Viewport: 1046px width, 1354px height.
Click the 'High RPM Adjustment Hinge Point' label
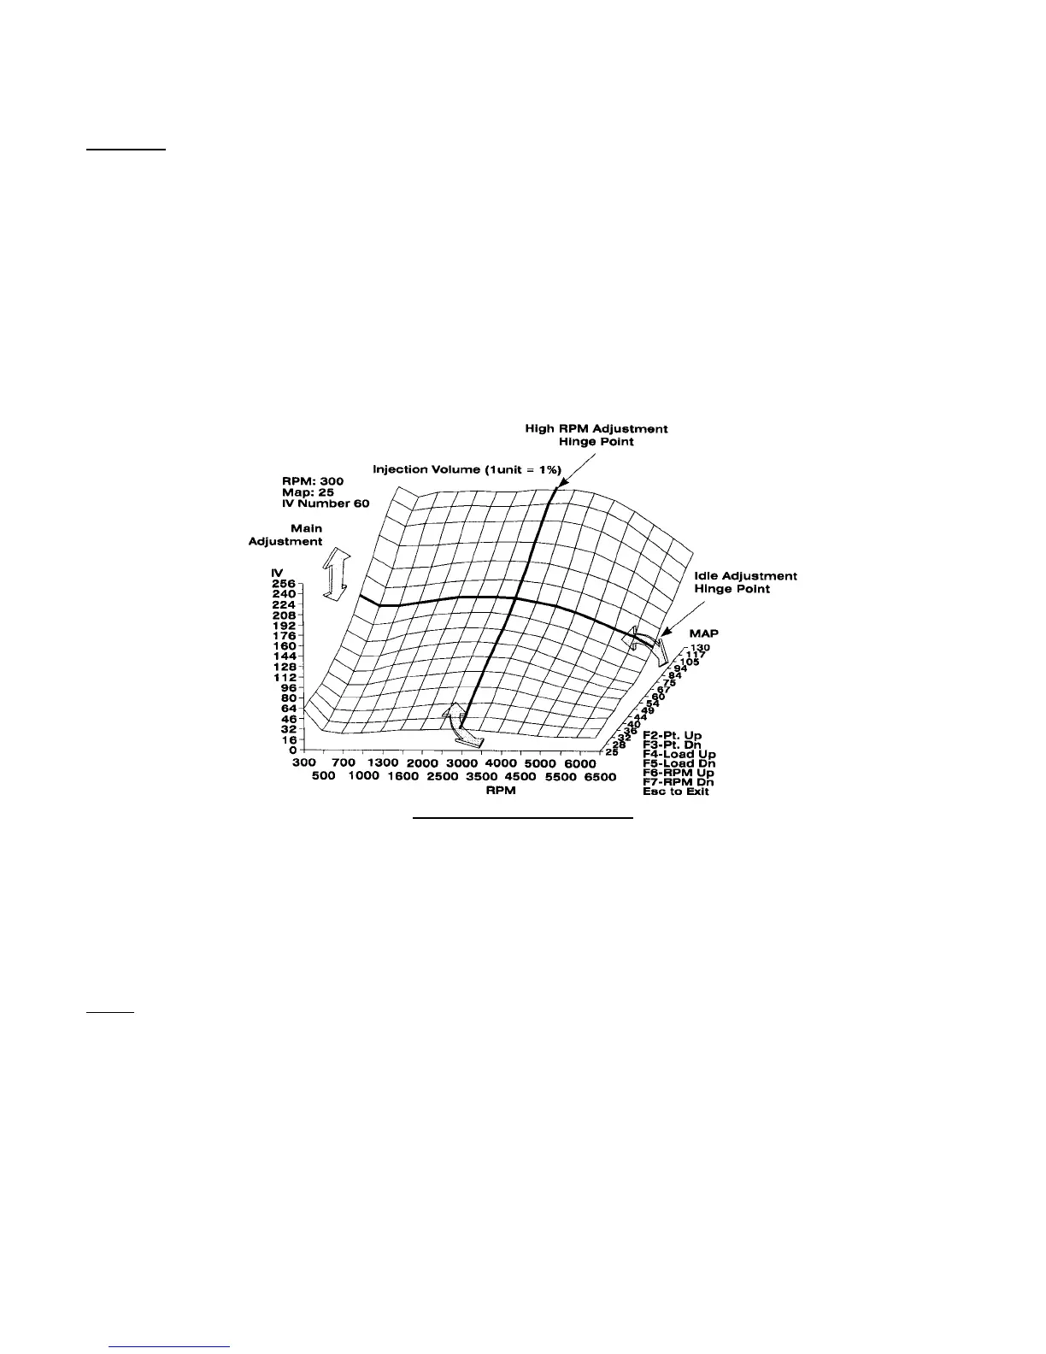[596, 435]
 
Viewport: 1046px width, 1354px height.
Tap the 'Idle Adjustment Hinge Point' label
[745, 582]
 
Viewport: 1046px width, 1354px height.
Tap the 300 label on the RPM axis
[304, 762]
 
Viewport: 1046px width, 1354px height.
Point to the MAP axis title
[704, 633]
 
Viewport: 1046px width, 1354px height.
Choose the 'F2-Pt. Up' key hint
[672, 734]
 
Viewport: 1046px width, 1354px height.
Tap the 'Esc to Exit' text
[676, 792]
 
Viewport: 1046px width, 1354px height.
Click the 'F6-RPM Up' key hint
[679, 772]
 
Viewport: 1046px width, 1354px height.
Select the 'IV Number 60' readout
[326, 503]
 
